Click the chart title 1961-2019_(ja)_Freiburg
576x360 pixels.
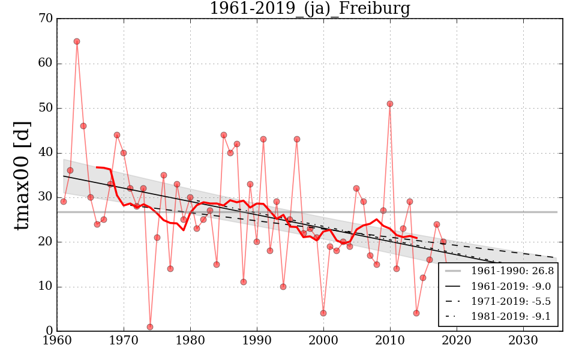pos(310,9)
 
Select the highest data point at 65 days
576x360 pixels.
pos(77,41)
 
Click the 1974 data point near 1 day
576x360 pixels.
pos(150,327)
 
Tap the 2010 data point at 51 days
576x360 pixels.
pos(390,104)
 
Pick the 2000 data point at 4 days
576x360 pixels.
pos(323,313)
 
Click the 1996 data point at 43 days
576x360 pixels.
pos(297,139)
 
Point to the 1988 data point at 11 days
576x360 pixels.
pos(244,282)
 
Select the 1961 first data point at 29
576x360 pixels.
pos(64,202)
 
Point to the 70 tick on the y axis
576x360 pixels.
pos(46,19)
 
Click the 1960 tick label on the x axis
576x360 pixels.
pos(58,341)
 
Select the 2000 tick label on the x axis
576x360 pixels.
pos(324,341)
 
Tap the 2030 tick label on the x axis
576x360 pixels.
pos(523,341)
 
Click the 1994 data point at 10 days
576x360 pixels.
pos(283,287)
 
